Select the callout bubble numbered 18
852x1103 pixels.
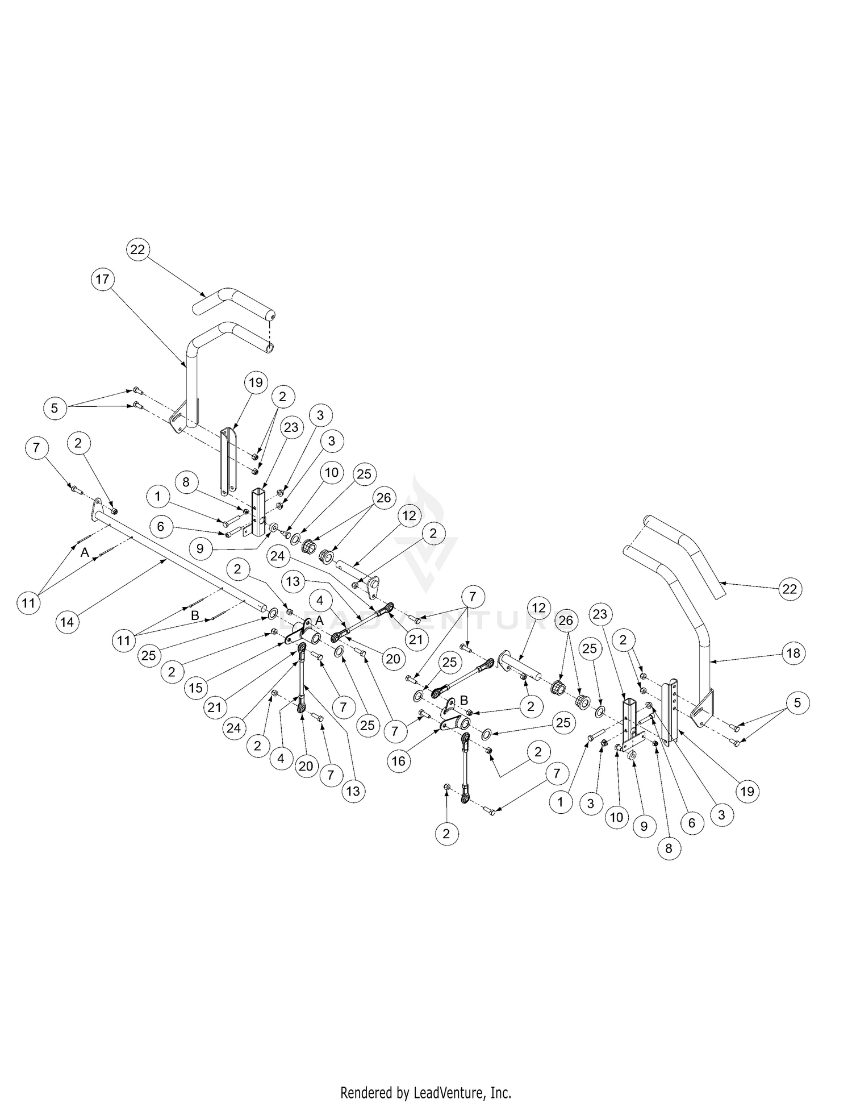click(x=793, y=653)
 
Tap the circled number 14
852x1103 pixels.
click(x=67, y=622)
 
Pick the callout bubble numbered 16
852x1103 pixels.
click(x=399, y=760)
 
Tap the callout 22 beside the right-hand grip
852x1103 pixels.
click(x=790, y=589)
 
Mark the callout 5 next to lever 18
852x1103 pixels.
click(x=797, y=703)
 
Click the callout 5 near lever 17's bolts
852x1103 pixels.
click(x=55, y=407)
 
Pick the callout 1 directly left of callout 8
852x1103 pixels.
click(x=157, y=497)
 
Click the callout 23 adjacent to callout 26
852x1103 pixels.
click(x=601, y=614)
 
